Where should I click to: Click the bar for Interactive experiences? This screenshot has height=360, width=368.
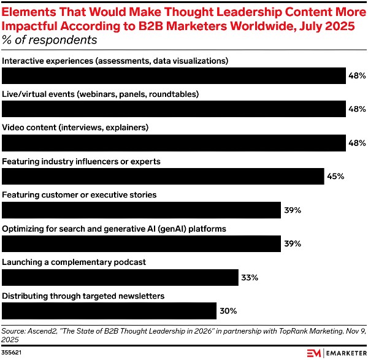coord(174,76)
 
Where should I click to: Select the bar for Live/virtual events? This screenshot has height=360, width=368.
coord(174,109)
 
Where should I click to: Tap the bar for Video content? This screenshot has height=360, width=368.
coord(174,143)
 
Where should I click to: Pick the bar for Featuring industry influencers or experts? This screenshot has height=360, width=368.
coord(163,176)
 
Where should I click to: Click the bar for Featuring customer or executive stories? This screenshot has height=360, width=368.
coord(142,210)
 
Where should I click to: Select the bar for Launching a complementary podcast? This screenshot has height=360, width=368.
coord(120,277)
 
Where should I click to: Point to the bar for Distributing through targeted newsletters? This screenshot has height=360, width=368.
coord(109,310)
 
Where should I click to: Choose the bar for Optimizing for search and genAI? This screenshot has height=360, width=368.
coord(142,243)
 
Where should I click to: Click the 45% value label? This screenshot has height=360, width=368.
coord(335,177)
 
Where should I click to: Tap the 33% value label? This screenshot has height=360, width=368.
coord(250,277)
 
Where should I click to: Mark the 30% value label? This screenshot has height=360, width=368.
coord(228,311)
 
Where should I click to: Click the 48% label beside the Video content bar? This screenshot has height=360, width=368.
coord(358,143)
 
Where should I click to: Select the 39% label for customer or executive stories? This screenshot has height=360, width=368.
coord(293,210)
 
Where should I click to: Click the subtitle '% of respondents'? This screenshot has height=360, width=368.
coord(50,40)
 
